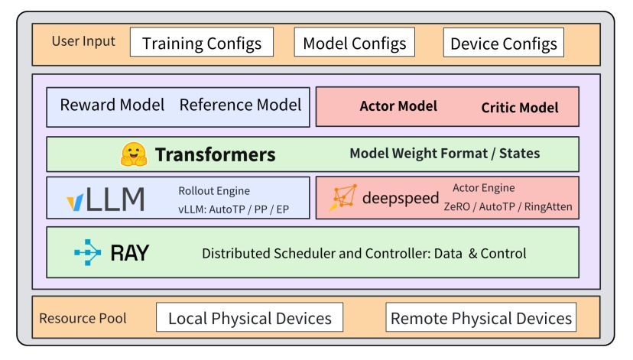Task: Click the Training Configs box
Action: (x=202, y=43)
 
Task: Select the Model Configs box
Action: (x=355, y=43)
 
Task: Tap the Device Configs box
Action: (x=503, y=43)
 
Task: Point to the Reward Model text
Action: (x=112, y=105)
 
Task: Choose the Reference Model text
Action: (x=240, y=105)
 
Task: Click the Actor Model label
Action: (x=398, y=106)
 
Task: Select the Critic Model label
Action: (x=519, y=108)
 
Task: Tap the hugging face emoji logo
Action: (x=133, y=154)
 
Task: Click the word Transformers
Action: (x=215, y=154)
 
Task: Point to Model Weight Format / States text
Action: (x=444, y=154)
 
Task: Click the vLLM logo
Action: (x=105, y=199)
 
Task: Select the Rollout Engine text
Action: (x=214, y=191)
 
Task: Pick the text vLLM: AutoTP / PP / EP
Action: (x=233, y=208)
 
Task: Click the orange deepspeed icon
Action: (x=344, y=198)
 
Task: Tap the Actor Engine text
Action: (x=483, y=188)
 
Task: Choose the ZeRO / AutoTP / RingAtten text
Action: (x=508, y=206)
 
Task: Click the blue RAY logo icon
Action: (x=87, y=253)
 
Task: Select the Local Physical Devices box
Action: (x=249, y=318)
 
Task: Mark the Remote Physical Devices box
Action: (x=481, y=318)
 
